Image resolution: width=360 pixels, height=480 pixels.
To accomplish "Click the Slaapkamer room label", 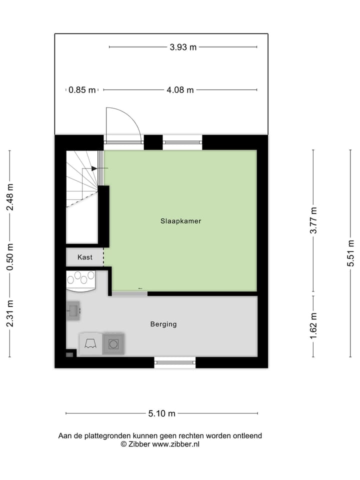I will point(180,220).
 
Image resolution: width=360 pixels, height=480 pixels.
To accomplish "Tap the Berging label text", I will point(163,324).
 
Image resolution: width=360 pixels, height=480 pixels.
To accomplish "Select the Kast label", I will point(84,257).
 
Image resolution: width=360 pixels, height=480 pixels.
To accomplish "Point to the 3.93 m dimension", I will point(183,47).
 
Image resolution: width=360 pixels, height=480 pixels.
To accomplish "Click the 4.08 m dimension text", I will point(180,90).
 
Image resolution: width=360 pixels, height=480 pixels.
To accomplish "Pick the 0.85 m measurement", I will point(82,90).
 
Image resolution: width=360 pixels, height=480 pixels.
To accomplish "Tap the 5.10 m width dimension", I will point(161,413).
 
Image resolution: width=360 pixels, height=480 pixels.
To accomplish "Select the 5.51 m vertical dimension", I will point(351,253).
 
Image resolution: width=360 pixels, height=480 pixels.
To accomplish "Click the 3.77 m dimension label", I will point(313,220).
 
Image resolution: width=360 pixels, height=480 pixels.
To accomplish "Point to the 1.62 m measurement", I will point(313,326).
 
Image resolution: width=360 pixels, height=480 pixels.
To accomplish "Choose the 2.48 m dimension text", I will point(10,197).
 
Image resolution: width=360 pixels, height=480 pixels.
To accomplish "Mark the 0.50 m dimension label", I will point(10,256).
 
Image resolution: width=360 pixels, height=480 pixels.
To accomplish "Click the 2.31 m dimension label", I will point(10,314).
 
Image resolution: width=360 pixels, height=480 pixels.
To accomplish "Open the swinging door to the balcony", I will point(123,126).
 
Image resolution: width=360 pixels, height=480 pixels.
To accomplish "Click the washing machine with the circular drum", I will point(113,344).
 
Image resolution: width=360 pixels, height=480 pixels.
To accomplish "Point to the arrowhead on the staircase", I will point(94,168).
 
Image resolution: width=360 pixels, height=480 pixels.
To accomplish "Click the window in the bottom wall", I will point(174,362).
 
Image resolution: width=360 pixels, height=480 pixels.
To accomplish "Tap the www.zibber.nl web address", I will point(175,444).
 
